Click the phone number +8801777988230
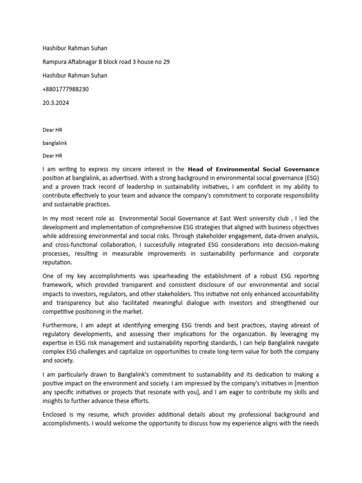66,89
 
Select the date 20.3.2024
56,103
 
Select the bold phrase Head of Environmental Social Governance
253,169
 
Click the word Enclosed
56,415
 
